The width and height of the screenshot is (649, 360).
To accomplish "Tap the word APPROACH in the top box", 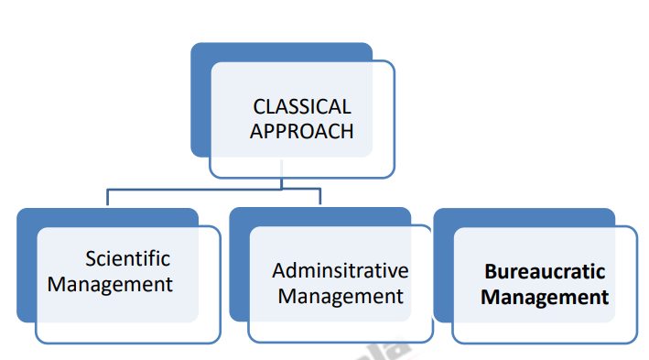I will (x=302, y=131).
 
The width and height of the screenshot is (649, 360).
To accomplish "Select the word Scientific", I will (x=127, y=258).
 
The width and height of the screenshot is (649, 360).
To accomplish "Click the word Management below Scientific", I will (x=110, y=284).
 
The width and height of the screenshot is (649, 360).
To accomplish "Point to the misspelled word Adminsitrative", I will (x=340, y=271).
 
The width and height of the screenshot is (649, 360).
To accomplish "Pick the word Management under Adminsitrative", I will (x=341, y=296).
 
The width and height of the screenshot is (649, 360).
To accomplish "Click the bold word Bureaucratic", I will (x=545, y=272).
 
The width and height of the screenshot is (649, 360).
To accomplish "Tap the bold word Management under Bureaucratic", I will (x=545, y=298).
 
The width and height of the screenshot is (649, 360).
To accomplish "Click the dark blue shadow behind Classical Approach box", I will (x=200, y=101).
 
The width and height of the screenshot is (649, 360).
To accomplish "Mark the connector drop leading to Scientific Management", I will (x=108, y=199).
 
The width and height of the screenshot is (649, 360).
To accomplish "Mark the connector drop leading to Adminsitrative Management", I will (x=319, y=199).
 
